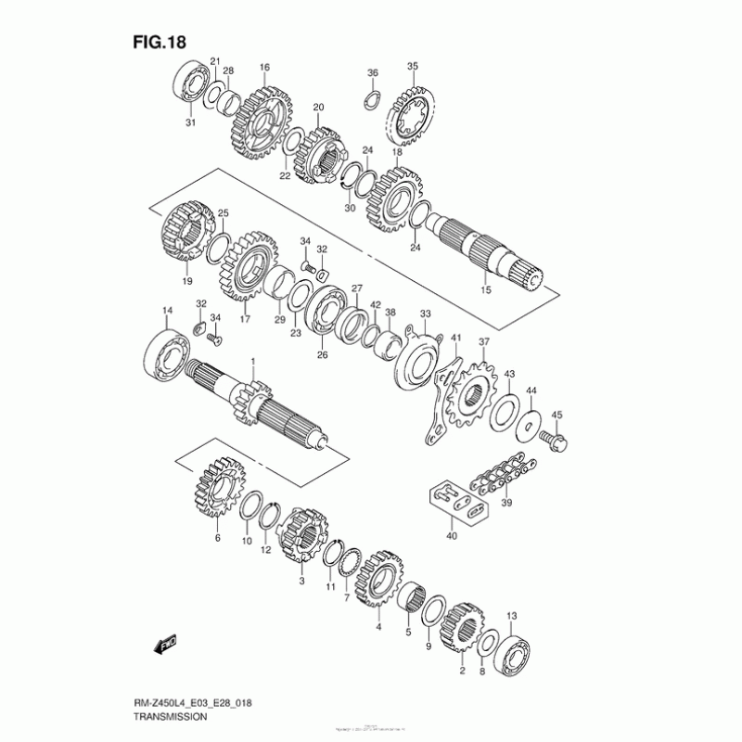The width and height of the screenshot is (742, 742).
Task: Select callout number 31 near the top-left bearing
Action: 189,122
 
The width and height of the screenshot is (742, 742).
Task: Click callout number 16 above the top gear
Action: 264,67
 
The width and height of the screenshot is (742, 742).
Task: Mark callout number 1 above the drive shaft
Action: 250,361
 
